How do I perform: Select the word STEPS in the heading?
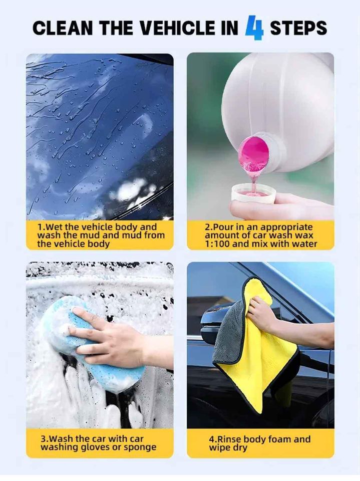[x=298, y=28]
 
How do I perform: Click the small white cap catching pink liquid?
[x=254, y=193]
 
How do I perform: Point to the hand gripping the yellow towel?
[x=263, y=313]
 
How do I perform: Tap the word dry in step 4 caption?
[x=239, y=447]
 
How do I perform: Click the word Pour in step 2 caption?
[x=222, y=227]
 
